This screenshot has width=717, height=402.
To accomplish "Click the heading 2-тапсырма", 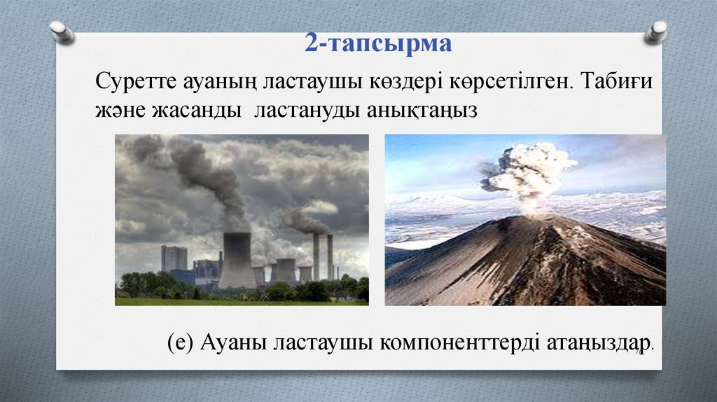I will pyautogui.click(x=378, y=44).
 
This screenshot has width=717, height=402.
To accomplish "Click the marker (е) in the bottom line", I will pyautogui.click(x=181, y=343).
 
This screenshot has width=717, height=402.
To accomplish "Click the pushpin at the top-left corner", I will pyautogui.click(x=62, y=32).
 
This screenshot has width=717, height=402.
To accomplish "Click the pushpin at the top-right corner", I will pyautogui.click(x=656, y=32).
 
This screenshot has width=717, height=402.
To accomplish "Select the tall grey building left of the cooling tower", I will pyautogui.click(x=174, y=258).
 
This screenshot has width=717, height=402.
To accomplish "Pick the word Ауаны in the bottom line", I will pyautogui.click(x=234, y=343).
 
